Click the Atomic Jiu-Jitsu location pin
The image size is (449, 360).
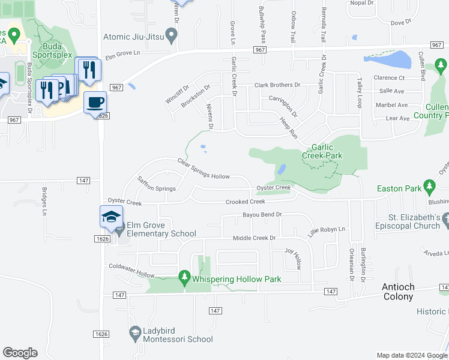pyautogui.click(x=172, y=37)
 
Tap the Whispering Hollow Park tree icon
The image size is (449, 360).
pyautogui.click(x=184, y=277)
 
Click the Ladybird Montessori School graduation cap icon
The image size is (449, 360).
pyautogui.click(x=135, y=332)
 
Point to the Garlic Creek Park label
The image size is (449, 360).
pyautogui.click(x=327, y=151)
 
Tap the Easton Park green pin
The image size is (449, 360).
pyautogui.click(x=429, y=188)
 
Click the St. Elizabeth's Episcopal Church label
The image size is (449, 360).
pyautogui.click(x=406, y=221)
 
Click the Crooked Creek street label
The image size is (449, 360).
pyautogui.click(x=245, y=202)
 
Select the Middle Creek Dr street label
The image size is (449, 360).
pyautogui.click(x=254, y=238)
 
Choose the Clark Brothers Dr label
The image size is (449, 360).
pyautogui.click(x=277, y=85)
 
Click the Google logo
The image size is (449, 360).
pyautogui.click(x=20, y=353)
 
